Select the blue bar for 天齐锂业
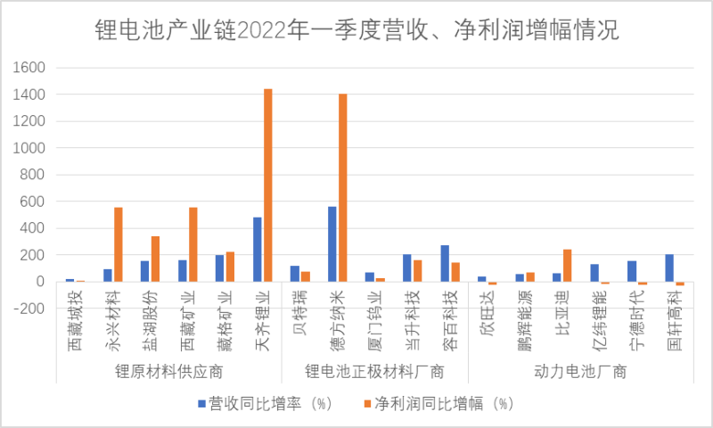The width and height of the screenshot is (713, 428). click(x=258, y=250)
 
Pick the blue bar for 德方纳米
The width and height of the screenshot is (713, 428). click(x=332, y=244)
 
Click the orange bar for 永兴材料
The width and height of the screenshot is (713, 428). click(x=118, y=244)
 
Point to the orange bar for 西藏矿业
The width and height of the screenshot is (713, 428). click(x=193, y=244)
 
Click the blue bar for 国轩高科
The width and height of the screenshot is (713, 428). click(x=669, y=268)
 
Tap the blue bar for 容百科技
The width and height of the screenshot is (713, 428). click(x=445, y=263)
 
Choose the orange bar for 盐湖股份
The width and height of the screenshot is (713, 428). click(x=155, y=259)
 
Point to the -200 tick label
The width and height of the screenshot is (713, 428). click(x=32, y=309)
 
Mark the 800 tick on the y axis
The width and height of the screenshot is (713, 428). click(x=36, y=175)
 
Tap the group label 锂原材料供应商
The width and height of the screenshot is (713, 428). click(x=169, y=371)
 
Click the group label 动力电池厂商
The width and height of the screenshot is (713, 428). click(x=580, y=371)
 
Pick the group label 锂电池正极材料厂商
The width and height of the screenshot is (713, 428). click(x=374, y=371)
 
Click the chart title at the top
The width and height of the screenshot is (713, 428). click(x=356, y=32)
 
